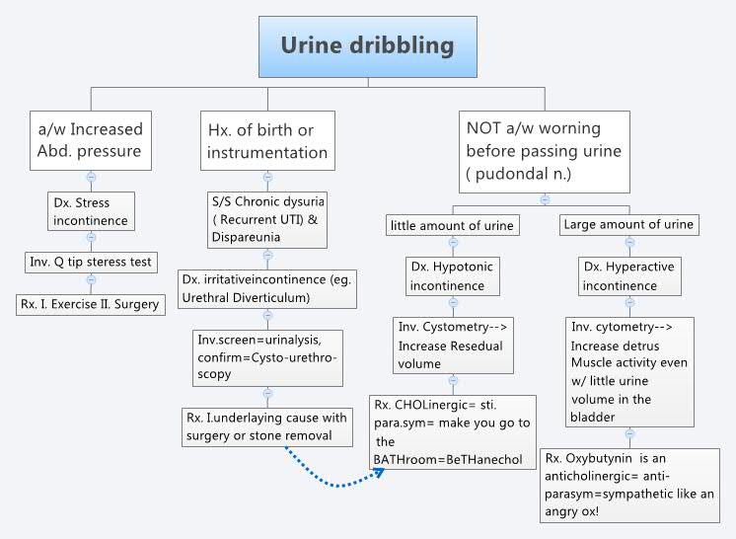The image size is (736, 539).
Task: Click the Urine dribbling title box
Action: point(367,46)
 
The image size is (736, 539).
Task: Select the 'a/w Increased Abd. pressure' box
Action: point(91,140)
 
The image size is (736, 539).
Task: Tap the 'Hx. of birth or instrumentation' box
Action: point(267,140)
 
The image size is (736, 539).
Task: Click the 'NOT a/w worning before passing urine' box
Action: point(545,150)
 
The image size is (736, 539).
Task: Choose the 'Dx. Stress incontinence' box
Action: point(91,209)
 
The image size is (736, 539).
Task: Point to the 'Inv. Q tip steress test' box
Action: point(91,263)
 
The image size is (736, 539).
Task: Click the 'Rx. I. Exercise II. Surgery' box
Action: point(91,304)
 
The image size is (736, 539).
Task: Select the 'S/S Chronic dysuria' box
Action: point(267,219)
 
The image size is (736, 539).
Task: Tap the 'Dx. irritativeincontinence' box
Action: point(267,288)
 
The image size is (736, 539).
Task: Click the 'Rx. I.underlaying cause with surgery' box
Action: point(267,426)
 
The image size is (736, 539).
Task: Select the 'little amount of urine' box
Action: point(453,226)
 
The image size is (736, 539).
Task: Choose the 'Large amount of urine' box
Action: point(628,225)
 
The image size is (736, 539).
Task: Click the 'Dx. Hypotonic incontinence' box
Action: point(453,276)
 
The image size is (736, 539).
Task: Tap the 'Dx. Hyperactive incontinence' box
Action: point(628,276)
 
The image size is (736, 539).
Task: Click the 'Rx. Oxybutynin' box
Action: point(628,484)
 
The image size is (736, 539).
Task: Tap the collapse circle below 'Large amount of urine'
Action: point(628,243)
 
